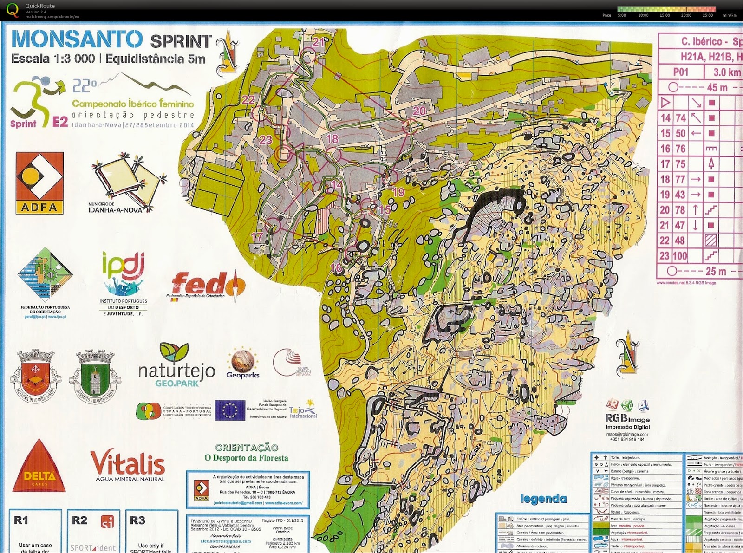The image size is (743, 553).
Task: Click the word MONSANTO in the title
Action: [x=77, y=39]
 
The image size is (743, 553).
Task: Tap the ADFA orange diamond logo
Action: [x=39, y=182]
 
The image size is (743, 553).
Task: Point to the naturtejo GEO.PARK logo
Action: [x=176, y=366]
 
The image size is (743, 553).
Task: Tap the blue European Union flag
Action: [x=230, y=410]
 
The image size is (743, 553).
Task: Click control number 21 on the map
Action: [x=319, y=42]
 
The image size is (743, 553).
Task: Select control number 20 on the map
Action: [x=419, y=111]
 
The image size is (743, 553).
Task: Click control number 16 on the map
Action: [x=336, y=267]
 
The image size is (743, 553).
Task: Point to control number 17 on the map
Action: [x=257, y=236]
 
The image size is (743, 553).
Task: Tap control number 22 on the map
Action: [x=248, y=99]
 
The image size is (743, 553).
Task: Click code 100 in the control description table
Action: [x=680, y=255]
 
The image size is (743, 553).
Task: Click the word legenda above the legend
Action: [x=543, y=499]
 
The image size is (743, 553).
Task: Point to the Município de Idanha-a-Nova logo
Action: [x=128, y=181]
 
